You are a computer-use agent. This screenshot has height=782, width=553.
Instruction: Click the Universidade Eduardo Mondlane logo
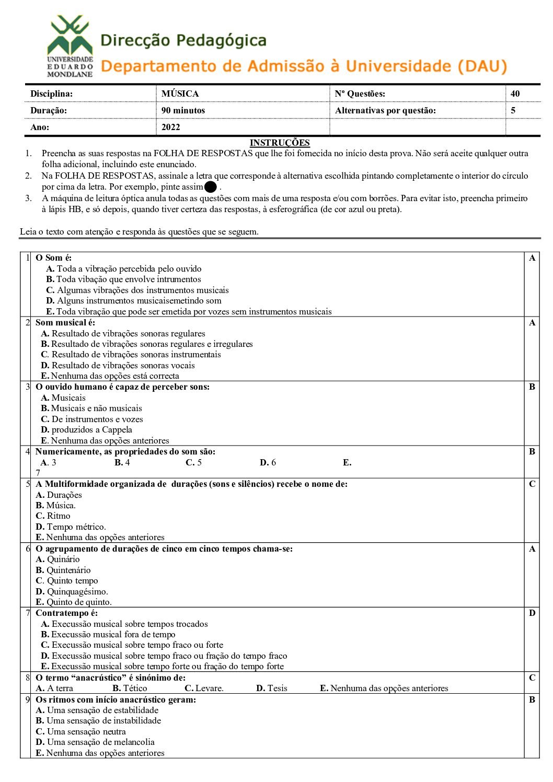point(70,46)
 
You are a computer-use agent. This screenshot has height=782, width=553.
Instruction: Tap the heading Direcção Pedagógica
point(183,40)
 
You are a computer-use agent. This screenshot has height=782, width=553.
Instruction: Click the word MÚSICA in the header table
point(180,94)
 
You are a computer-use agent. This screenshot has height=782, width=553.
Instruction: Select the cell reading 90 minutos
point(183,110)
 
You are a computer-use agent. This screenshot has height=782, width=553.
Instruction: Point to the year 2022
point(171,127)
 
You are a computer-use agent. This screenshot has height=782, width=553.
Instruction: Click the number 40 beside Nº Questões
point(515,94)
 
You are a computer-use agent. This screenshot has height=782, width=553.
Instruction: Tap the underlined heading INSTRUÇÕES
point(280,143)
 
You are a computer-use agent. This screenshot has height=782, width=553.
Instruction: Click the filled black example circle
point(211,186)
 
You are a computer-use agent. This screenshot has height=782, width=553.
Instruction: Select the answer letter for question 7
point(532,613)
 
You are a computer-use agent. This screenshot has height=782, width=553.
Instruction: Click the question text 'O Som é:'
point(53,258)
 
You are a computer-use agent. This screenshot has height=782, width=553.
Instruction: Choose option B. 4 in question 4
point(122,462)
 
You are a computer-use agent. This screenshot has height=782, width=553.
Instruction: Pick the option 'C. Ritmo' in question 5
point(53,516)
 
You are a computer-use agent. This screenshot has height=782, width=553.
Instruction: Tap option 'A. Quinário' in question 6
point(57,559)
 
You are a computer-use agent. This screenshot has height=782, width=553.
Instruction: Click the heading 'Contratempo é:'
point(66,613)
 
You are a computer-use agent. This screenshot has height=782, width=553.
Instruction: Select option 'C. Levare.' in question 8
point(204,688)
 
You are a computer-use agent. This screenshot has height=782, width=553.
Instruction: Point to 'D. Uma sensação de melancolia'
point(95,742)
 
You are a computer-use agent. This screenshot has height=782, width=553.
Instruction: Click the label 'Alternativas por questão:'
point(385,110)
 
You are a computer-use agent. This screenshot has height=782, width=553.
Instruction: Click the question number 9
point(28,699)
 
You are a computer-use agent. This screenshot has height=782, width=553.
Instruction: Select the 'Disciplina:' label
point(52,94)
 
